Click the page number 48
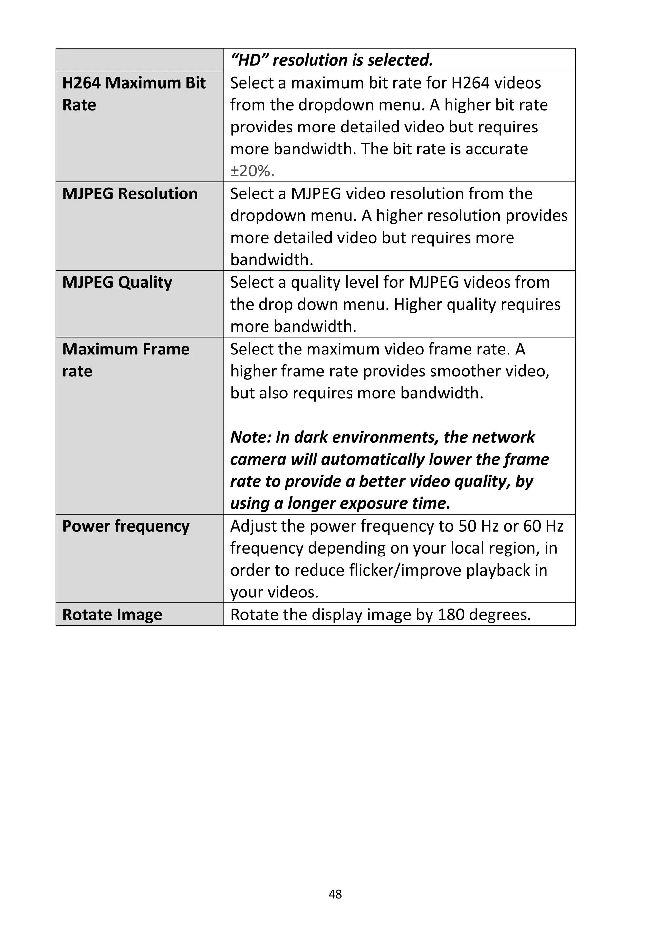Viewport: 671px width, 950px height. coord(335,894)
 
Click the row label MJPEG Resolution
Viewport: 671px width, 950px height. coord(130,194)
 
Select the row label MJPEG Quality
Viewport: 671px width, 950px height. coord(117,282)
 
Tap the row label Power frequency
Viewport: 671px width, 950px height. coord(126,526)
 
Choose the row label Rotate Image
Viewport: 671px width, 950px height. coord(112,615)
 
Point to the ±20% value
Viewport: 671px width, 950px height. coord(252,171)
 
